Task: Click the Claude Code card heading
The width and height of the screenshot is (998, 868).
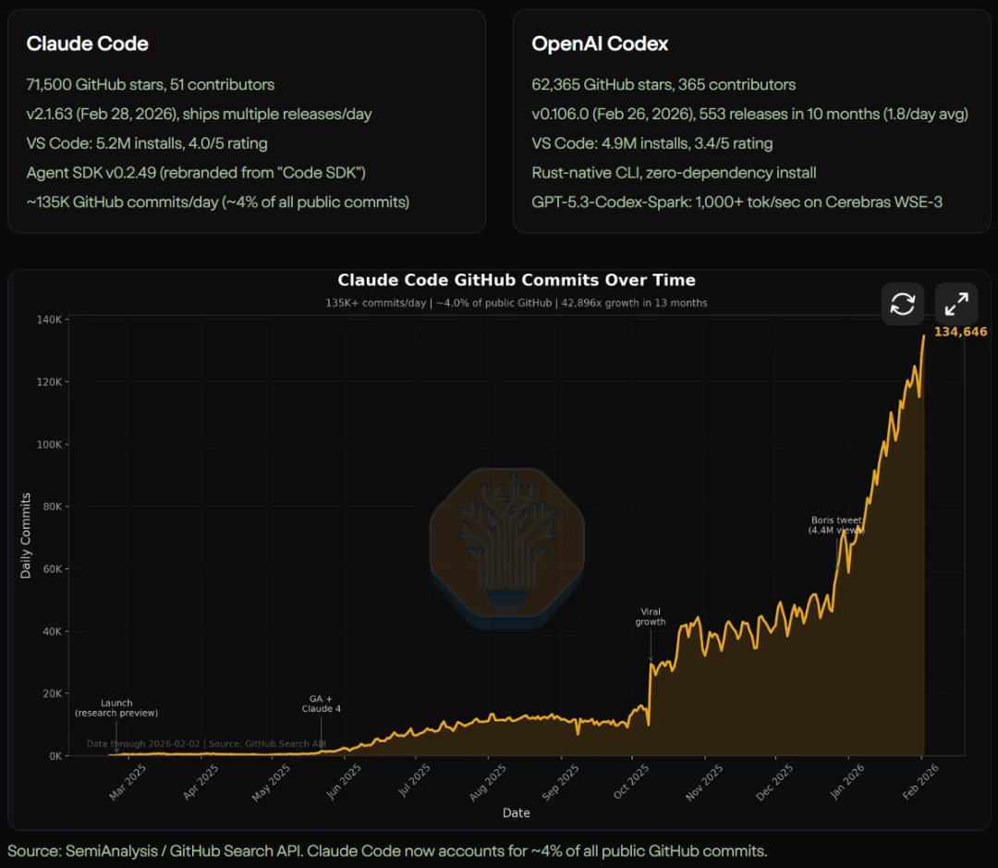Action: coord(87,43)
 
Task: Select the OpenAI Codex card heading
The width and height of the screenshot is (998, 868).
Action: coord(600,43)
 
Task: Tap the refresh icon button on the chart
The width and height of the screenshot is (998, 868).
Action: coord(902,303)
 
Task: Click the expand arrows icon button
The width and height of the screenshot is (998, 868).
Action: coord(956,303)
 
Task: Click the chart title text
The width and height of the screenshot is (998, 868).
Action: coord(516,280)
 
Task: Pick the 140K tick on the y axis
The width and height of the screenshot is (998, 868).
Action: coord(48,320)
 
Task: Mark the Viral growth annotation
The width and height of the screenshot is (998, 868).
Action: coord(650,617)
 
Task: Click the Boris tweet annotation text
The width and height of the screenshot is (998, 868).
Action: coord(835,525)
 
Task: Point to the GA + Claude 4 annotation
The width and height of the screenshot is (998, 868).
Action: coord(321,703)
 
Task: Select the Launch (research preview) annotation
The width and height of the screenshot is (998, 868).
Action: coord(116,708)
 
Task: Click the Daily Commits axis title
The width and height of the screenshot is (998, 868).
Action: coord(26,536)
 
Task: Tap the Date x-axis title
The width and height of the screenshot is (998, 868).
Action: coord(516,813)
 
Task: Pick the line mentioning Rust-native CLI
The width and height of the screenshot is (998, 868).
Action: coord(674,172)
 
